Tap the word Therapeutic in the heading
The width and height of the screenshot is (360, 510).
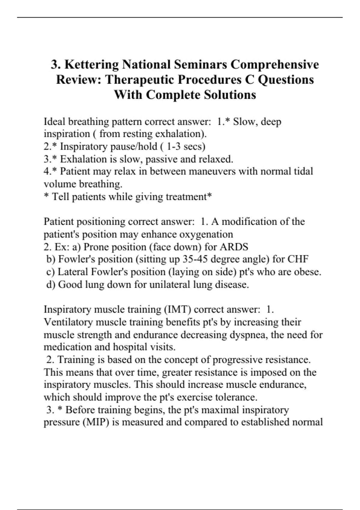click(x=139, y=79)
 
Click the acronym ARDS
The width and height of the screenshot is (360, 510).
click(x=234, y=247)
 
